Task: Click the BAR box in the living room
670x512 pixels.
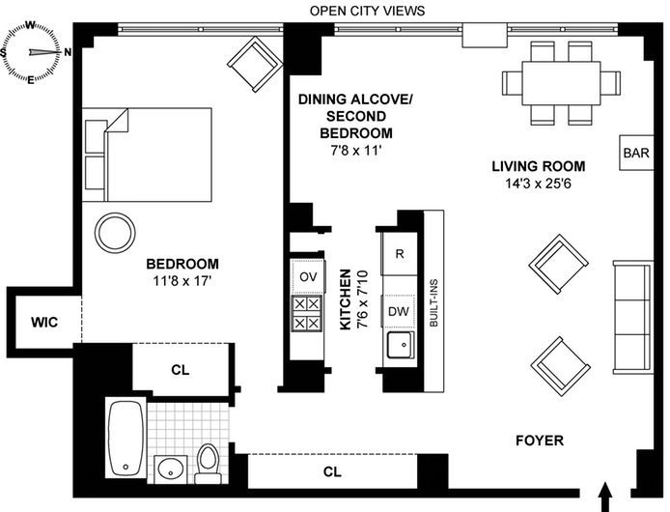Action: click(636, 153)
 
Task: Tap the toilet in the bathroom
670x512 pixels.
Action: click(209, 464)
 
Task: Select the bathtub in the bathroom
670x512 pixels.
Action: click(126, 439)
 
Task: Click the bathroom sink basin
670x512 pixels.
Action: click(171, 469)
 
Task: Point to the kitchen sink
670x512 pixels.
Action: click(401, 345)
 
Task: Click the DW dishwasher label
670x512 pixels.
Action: click(399, 311)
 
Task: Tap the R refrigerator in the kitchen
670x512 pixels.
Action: click(400, 254)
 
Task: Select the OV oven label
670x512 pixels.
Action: click(308, 276)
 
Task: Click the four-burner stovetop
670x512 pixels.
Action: click(307, 314)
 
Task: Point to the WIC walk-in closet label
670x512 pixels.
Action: click(44, 322)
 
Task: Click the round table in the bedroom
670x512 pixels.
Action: click(115, 233)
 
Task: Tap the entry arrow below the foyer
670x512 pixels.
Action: click(605, 497)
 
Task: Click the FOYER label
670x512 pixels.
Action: click(540, 441)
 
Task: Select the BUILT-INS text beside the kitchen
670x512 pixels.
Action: click(433, 302)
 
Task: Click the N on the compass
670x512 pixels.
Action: click(68, 52)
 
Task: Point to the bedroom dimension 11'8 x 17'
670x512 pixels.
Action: click(182, 281)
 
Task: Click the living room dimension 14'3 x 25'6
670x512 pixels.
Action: click(539, 184)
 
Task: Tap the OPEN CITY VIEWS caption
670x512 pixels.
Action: click(368, 11)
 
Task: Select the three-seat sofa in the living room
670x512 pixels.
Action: click(633, 317)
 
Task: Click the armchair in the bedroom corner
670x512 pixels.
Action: click(255, 64)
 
